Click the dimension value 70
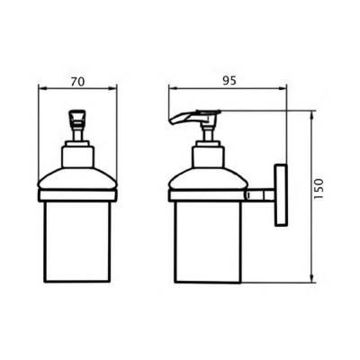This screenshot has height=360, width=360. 77,82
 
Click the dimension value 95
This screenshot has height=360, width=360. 229,81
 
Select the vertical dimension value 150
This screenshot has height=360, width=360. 319,189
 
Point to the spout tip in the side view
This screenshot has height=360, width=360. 171,121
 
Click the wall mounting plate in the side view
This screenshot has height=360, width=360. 281,195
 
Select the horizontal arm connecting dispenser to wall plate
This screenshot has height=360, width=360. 260,195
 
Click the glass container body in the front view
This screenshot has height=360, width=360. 77,241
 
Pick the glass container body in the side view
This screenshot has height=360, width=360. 208,242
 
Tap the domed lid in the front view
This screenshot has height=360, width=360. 77,179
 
